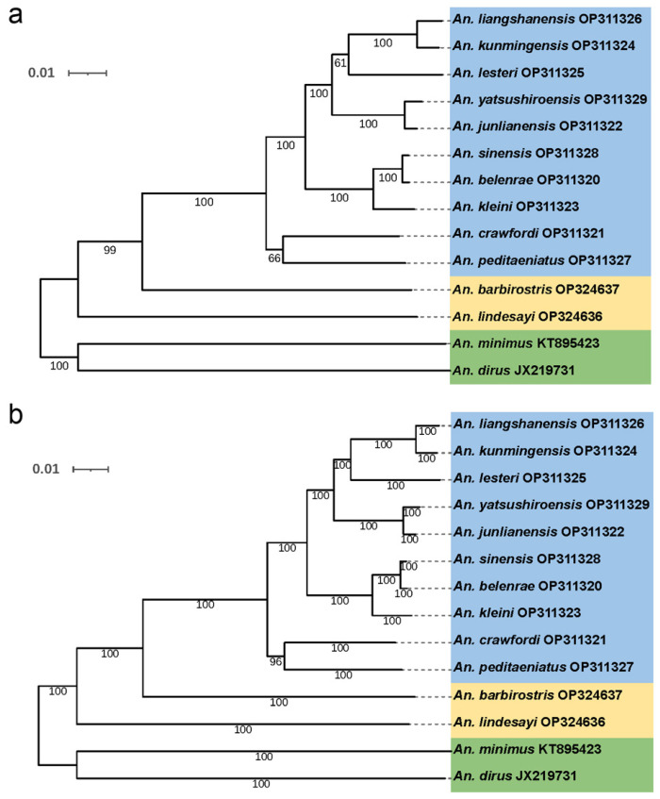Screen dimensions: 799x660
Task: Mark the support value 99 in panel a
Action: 114,250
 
